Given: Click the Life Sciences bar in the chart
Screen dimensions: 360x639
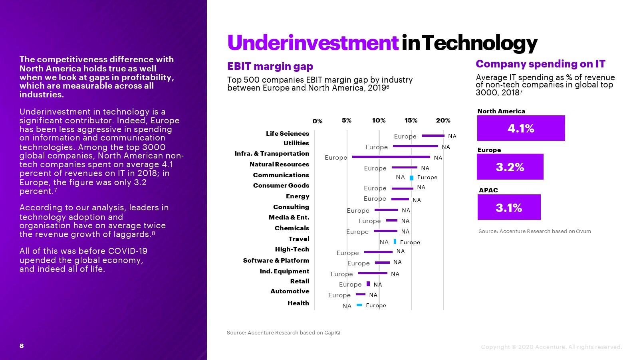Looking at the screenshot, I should pyautogui.click(x=433, y=136).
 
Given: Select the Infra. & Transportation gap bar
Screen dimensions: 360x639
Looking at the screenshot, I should pyautogui.click(x=391, y=157).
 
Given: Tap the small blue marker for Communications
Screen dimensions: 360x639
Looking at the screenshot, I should pyautogui.click(x=411, y=178).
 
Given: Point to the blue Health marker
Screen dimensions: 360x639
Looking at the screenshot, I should pyautogui.click(x=359, y=305).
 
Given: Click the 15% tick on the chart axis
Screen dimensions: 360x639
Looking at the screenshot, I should pyautogui.click(x=411, y=121).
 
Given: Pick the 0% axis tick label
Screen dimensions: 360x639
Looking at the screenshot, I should pyautogui.click(x=318, y=121).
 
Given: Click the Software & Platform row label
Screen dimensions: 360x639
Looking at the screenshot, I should pyautogui.click(x=276, y=260).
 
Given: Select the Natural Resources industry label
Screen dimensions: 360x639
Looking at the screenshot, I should pyautogui.click(x=279, y=164).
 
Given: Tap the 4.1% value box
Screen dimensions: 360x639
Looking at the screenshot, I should pyautogui.click(x=521, y=128).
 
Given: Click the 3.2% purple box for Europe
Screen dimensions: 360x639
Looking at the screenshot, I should pyautogui.click(x=510, y=167).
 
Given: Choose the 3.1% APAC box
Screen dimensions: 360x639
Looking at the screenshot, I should pyautogui.click(x=509, y=208).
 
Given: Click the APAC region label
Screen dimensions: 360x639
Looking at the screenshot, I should pyautogui.click(x=488, y=190).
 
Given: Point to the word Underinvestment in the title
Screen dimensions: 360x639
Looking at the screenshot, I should pyautogui.click(x=313, y=43).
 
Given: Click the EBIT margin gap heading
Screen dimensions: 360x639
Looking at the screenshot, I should pyautogui.click(x=270, y=66).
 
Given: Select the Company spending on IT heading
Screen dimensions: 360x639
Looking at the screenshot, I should pyautogui.click(x=540, y=64).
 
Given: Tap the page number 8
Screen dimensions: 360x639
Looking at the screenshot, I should pyautogui.click(x=22, y=346).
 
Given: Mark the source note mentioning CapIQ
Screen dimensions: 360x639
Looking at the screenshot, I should pyautogui.click(x=283, y=332).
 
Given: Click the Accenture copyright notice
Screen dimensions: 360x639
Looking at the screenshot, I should pyautogui.click(x=551, y=347).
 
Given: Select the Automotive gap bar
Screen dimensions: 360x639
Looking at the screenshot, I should pyautogui.click(x=360, y=295).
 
